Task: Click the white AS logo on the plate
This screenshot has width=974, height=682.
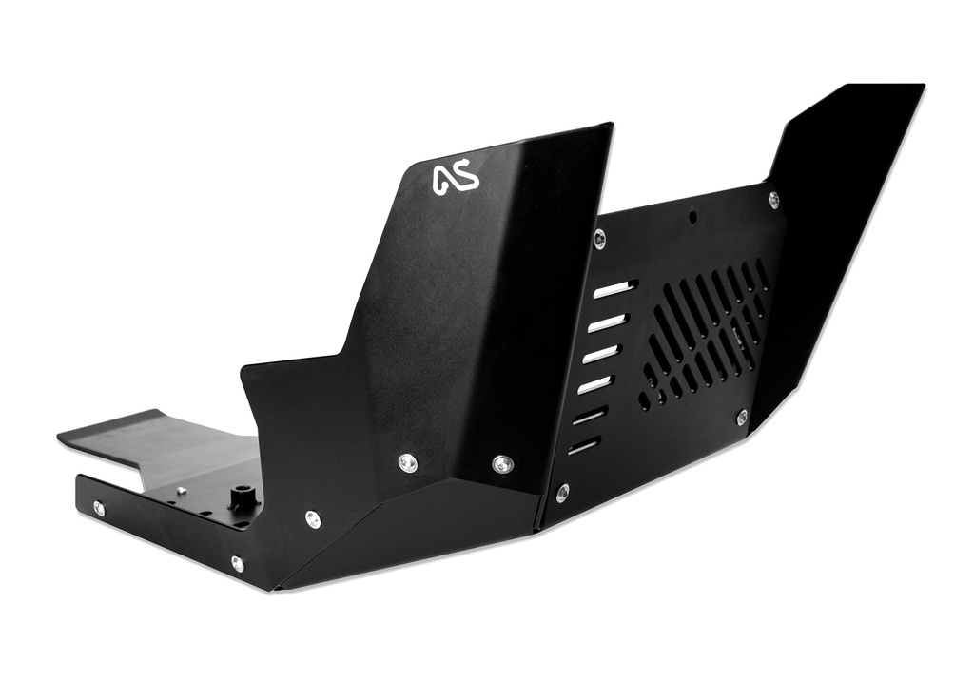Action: pyautogui.click(x=456, y=179)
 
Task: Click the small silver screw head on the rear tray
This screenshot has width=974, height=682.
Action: pyautogui.click(x=179, y=491)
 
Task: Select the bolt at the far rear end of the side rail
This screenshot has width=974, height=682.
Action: pyautogui.click(x=99, y=509)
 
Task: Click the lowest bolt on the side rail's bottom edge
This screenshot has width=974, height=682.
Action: pyautogui.click(x=237, y=564)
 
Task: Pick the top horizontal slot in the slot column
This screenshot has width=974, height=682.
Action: pyautogui.click(x=613, y=288)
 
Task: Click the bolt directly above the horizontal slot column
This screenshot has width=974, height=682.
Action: pyautogui.click(x=598, y=238)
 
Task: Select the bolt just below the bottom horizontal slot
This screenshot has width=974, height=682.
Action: pyautogui.click(x=563, y=492)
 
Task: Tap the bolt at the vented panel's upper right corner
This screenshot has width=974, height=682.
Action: pyautogui.click(x=773, y=200)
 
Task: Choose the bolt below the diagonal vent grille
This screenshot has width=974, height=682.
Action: pyautogui.click(x=742, y=417)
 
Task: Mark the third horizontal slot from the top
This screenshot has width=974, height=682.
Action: pyautogui.click(x=601, y=354)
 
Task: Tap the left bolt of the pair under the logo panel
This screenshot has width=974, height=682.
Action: pyautogui.click(x=407, y=463)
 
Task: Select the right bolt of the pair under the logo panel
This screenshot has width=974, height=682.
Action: pyautogui.click(x=503, y=464)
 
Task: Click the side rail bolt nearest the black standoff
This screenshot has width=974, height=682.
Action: pyautogui.click(x=312, y=519)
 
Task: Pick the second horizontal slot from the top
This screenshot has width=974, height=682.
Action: pyautogui.click(x=606, y=322)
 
